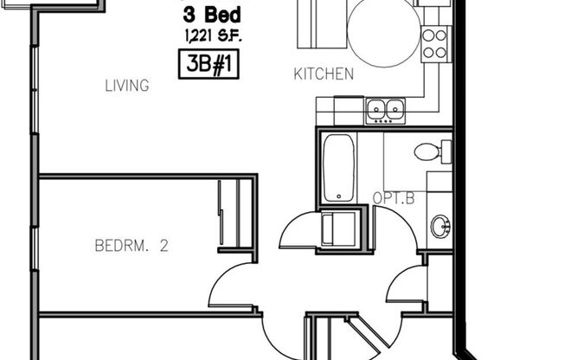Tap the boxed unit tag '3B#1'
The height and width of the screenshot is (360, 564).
click(208, 65)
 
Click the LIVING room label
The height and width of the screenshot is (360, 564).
click(127, 86)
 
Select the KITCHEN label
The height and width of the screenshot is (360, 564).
click(324, 74)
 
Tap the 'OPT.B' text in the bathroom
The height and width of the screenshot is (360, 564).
click(394, 198)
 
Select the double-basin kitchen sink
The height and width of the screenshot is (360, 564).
click(386, 109)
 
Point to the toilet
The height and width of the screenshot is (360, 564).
click(430, 152)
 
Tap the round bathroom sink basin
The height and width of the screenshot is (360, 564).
click(440, 228)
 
